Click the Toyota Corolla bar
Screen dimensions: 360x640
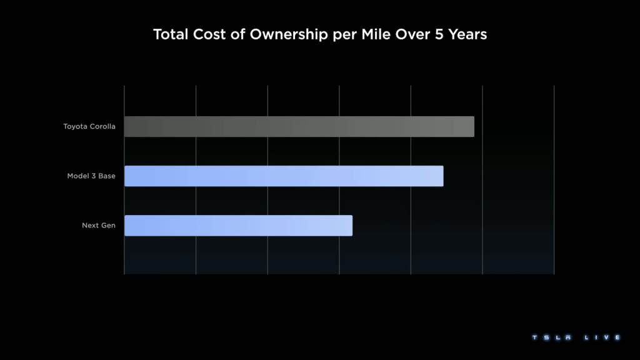click(299, 127)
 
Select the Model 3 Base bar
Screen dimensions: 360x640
click(284, 176)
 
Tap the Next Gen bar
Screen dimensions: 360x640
click(238, 226)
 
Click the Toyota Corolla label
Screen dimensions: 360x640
click(89, 127)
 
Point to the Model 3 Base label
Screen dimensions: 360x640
click(91, 176)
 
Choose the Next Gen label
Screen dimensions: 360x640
click(99, 226)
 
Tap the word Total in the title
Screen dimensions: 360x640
click(170, 35)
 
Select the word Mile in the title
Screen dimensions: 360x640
click(376, 35)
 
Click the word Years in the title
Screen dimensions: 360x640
click(466, 35)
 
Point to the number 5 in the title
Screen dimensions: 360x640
click(436, 35)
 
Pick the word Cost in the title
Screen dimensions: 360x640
click(209, 35)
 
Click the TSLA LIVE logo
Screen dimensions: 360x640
click(576, 337)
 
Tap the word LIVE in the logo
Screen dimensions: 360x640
click(602, 337)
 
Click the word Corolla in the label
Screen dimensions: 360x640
click(102, 127)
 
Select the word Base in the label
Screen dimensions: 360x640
click(106, 176)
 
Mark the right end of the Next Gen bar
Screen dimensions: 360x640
click(351, 226)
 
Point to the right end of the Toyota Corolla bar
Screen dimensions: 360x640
click(472, 127)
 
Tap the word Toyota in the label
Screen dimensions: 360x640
click(76, 127)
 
